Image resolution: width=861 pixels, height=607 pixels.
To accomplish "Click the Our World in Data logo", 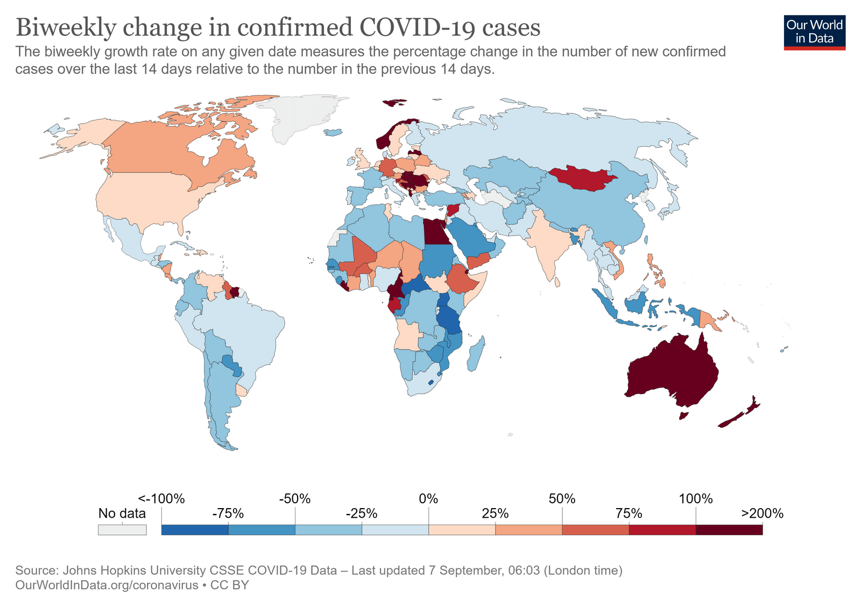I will (x=814, y=32).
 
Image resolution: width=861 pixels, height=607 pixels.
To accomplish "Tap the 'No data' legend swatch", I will (x=122, y=530).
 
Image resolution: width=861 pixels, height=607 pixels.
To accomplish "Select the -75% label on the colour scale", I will (x=228, y=513).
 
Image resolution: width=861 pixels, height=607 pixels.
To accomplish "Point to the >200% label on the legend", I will (x=762, y=513).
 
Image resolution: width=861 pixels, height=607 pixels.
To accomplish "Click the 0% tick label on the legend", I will (x=428, y=499).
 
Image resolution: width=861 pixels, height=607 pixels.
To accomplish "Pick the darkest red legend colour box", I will (x=729, y=530).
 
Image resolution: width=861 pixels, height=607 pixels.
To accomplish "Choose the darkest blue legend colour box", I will (x=195, y=530).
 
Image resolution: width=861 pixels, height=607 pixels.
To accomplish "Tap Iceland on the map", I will (x=334, y=132).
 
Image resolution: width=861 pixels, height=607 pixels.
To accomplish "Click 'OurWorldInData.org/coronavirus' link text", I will (x=107, y=585).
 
